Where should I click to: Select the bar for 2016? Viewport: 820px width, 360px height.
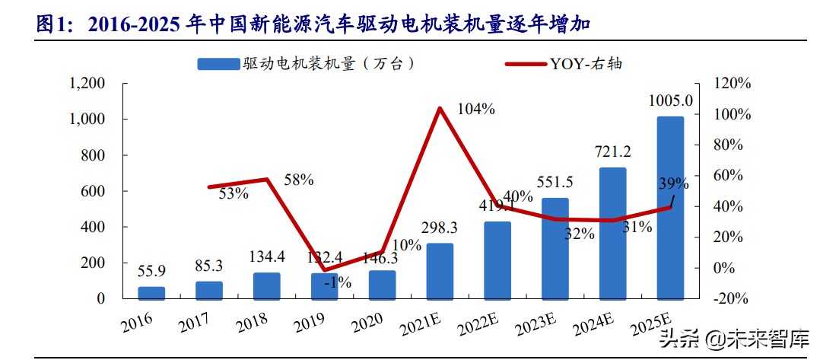[151, 292]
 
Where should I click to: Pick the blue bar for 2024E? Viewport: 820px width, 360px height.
[612, 233]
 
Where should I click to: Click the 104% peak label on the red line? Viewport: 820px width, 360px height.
[476, 109]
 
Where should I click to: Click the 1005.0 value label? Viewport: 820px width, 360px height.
[670, 100]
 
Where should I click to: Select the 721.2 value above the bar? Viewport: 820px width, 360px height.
[612, 152]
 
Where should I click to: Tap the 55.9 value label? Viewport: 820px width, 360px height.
[151, 271]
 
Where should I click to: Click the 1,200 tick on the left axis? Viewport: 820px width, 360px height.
[87, 83]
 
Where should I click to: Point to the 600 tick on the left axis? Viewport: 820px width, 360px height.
[94, 191]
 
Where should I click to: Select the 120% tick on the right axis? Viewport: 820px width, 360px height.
[733, 83]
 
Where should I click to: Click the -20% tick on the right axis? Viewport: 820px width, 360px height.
[733, 298]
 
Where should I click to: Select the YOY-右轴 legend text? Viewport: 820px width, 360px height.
[586, 64]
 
